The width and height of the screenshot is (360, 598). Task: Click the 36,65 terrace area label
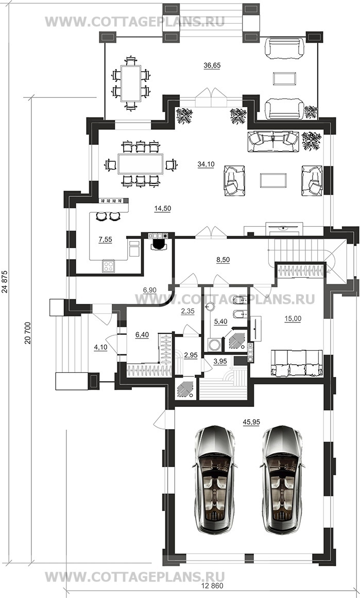pos(212,65)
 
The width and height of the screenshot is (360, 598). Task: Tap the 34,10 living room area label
pos(206,164)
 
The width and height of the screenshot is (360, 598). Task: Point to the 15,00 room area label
pos(293,319)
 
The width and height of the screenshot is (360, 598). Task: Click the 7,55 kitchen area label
pos(105,240)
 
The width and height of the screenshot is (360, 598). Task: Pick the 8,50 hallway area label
pos(223,260)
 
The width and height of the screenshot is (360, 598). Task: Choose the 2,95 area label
pos(191,355)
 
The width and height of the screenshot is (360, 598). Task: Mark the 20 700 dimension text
pos(27,333)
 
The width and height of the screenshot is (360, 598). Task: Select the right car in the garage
pos(282,480)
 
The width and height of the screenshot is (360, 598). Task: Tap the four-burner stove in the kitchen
pos(108,265)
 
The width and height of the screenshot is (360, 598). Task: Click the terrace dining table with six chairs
pos(131,83)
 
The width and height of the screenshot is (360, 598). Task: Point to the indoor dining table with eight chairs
pos(140,164)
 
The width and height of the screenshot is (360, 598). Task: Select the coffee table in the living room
pos(273,180)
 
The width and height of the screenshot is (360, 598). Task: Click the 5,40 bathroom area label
pos(220,322)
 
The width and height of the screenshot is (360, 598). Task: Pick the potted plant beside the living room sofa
pos(312,140)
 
